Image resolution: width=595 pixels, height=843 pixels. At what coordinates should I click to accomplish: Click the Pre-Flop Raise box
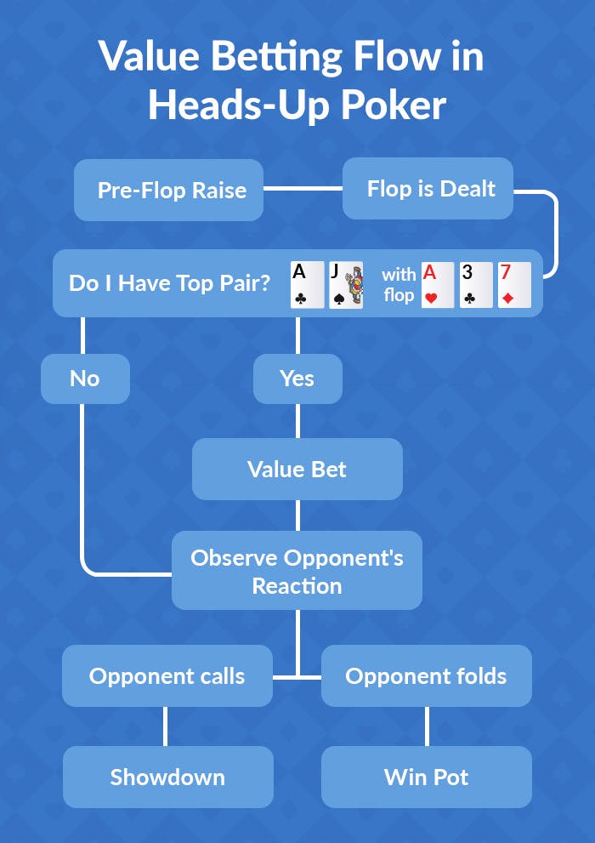tap(168, 190)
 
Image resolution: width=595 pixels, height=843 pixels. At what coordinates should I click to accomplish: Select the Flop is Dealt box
tap(428, 188)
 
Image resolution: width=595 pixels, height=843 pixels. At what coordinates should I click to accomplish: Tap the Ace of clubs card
tap(307, 284)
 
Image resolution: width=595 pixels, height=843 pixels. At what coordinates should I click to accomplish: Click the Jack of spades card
tap(345, 284)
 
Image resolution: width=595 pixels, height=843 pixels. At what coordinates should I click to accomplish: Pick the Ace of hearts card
tap(438, 284)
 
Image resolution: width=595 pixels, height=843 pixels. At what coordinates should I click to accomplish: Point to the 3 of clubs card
tap(476, 284)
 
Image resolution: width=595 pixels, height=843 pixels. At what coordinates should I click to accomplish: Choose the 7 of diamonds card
tap(514, 284)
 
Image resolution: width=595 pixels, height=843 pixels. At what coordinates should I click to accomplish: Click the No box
tap(85, 379)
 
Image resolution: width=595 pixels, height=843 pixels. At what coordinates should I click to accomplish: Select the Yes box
tap(297, 379)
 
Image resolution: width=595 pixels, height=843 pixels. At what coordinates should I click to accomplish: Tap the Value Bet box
tap(297, 469)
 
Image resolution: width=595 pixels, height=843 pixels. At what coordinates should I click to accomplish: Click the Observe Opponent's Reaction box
tap(297, 571)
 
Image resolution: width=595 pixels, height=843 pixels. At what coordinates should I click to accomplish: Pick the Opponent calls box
tap(167, 676)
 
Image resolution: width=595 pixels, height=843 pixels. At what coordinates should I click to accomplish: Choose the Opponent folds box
tap(426, 676)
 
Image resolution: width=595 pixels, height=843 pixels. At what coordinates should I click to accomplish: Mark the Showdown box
tap(167, 777)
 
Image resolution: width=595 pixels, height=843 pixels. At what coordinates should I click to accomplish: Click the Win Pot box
tap(426, 777)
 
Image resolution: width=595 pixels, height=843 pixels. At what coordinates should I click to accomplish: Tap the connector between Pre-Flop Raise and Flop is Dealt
tap(303, 189)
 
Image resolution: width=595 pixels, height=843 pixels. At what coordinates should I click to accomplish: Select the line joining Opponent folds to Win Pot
tap(426, 726)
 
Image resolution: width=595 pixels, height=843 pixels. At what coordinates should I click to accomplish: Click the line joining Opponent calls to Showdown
tap(165, 726)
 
